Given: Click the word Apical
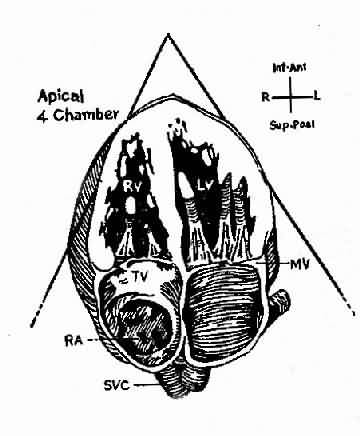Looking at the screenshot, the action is pos(61,97).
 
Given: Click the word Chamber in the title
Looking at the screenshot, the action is pos(86,115).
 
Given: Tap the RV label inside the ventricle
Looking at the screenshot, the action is pos(130,186).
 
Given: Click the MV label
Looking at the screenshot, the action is pos(300,265).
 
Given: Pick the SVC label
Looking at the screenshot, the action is pos(116,386).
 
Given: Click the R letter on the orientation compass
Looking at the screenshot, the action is pos(266,97).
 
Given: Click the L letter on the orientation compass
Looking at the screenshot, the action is pos(317,97).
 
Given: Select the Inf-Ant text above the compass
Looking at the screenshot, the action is pos(289,68).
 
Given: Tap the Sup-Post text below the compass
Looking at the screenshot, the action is pos(292,125).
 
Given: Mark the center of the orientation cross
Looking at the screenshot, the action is pos(291,97).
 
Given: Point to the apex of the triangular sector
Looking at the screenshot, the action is pos(168,34).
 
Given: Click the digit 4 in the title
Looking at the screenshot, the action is pos(42,116).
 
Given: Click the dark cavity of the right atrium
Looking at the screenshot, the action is pos(142,325).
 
